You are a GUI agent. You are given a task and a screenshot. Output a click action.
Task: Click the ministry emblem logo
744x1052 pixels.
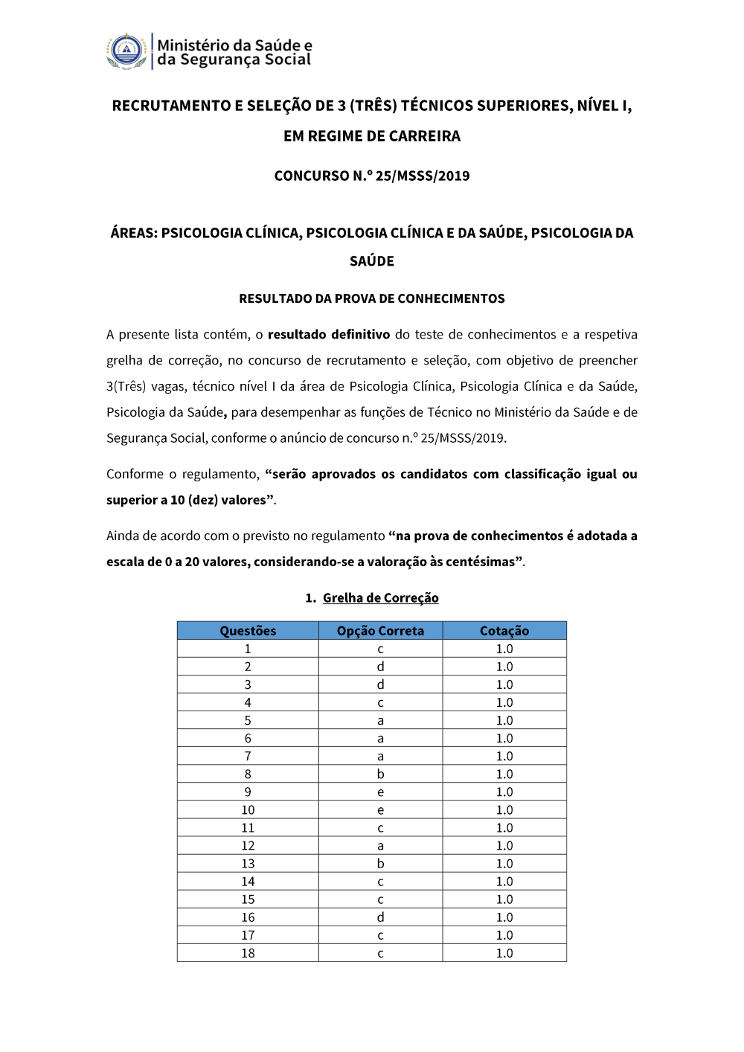pyautogui.click(x=127, y=51)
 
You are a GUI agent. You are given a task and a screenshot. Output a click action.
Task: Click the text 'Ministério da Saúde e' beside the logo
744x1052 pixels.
pyautogui.click(x=234, y=45)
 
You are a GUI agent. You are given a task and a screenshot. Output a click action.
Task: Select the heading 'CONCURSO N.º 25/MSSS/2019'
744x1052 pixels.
pyautogui.click(x=372, y=176)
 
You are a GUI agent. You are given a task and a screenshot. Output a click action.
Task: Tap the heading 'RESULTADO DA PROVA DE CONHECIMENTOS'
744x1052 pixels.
pyautogui.click(x=372, y=299)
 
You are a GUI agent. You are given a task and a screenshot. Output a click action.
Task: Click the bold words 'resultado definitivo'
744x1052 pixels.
pyautogui.click(x=329, y=335)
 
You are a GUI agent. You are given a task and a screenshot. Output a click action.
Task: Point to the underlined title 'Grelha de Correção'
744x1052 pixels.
pyautogui.click(x=380, y=598)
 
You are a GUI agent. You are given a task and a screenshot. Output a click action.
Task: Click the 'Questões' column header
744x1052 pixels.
pyautogui.click(x=248, y=631)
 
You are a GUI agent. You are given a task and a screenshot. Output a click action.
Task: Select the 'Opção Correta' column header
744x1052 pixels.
pyautogui.click(x=380, y=631)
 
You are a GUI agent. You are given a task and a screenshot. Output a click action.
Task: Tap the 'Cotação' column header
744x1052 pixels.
pyautogui.click(x=504, y=631)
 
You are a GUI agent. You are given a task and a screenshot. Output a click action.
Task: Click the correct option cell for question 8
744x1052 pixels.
pyautogui.click(x=380, y=774)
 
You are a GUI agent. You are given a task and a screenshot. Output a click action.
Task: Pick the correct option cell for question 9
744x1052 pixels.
pyautogui.click(x=380, y=792)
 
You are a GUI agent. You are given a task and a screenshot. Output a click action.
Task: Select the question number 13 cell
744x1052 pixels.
pyautogui.click(x=248, y=864)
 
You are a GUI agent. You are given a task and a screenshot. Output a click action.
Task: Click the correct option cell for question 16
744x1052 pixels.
pyautogui.click(x=380, y=917)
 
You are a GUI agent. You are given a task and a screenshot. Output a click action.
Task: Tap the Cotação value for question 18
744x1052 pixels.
pyautogui.click(x=504, y=953)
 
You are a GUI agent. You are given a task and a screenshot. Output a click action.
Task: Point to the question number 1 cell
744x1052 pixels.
pyautogui.click(x=248, y=649)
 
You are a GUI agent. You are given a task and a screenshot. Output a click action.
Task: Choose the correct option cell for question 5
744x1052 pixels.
pyautogui.click(x=380, y=720)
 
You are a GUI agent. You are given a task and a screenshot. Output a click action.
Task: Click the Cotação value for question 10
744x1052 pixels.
pyautogui.click(x=504, y=810)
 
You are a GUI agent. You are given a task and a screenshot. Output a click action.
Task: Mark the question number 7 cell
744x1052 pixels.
pyautogui.click(x=248, y=757)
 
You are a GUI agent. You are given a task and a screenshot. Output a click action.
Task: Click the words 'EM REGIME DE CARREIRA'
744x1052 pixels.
pyautogui.click(x=372, y=136)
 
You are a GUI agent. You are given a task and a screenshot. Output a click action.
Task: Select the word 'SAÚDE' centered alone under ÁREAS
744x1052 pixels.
pyautogui.click(x=372, y=261)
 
